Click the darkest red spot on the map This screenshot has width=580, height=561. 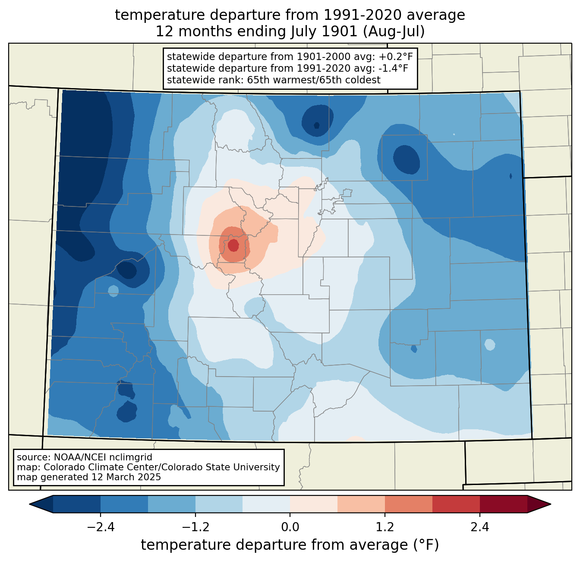tap(233, 245)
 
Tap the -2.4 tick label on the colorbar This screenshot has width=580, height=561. tap(101, 527)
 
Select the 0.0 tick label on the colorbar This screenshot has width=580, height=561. tap(290, 527)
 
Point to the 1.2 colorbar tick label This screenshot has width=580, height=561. tap(385, 527)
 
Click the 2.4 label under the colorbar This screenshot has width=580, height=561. tap(480, 527)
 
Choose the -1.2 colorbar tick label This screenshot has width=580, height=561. tap(195, 527)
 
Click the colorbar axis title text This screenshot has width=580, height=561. tap(290, 545)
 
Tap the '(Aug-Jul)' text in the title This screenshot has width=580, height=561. tap(394, 32)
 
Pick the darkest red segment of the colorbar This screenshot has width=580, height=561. tap(504, 504)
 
